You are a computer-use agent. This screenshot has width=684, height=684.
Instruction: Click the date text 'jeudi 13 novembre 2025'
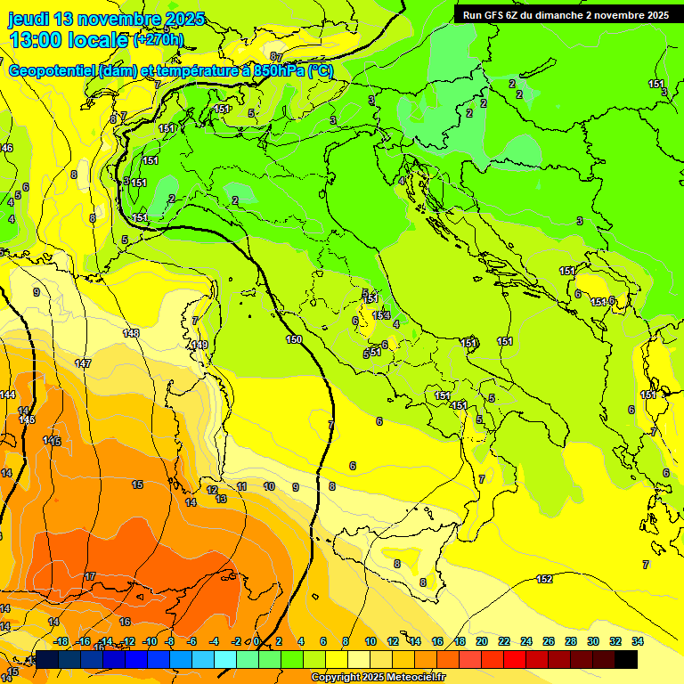pos(106,19)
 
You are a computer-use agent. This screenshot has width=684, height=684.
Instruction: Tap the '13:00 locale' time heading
pos(69,39)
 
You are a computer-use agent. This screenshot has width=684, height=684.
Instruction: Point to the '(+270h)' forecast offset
pos(158,39)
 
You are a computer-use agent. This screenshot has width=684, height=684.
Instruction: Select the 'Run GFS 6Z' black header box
pos(566,15)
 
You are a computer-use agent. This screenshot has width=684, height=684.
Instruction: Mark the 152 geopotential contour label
pos(544,580)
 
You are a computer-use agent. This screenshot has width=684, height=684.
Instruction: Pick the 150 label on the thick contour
pos(294,339)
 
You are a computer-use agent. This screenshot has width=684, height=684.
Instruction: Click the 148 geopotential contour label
pos(131,333)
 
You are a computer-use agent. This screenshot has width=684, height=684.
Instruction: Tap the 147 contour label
pos(83,363)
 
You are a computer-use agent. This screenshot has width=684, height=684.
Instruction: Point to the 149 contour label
pos(200,345)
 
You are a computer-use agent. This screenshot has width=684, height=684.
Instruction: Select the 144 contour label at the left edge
pos(8,395)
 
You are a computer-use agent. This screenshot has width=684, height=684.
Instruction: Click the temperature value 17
pos(90,577)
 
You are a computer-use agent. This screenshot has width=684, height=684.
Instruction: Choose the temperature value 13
pos(221,499)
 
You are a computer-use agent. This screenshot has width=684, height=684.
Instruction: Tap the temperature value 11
pos(241,486)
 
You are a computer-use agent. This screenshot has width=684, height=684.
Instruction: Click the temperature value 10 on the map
pos(269,486)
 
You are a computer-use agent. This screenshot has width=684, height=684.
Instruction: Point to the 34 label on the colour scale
pos(638,641)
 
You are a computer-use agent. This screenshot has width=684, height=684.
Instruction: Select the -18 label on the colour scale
pos(61,641)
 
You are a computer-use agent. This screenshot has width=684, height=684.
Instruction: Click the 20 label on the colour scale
pos(482,641)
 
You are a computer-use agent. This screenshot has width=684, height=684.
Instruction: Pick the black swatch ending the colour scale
pos(626,659)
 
